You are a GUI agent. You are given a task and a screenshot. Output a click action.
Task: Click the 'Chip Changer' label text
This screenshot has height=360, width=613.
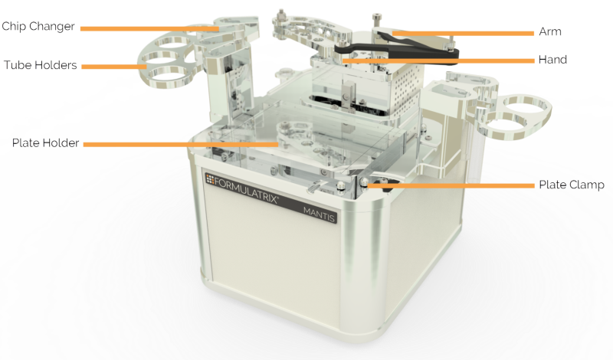38,27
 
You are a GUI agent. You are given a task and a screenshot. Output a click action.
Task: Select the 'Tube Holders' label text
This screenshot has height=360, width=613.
39,65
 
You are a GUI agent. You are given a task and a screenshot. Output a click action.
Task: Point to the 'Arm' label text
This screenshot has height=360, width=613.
550,32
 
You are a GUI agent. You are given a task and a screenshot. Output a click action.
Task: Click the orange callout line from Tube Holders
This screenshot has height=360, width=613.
115,67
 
